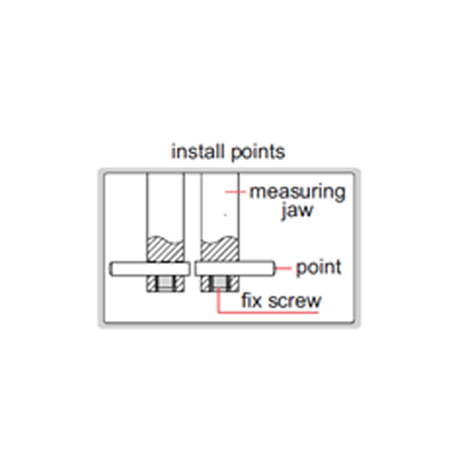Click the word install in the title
(198, 151)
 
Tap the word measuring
(297, 193)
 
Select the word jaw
(297, 211)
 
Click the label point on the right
(318, 268)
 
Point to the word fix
(251, 300)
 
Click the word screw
(295, 301)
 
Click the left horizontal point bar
(150, 268)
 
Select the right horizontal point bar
(235, 268)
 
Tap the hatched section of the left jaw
(165, 250)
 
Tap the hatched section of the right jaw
(220, 250)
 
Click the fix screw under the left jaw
(165, 284)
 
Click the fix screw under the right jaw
(220, 284)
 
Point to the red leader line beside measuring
(236, 192)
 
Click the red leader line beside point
(283, 268)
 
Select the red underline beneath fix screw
(268, 313)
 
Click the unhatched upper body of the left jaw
(165, 205)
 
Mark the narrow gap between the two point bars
(193, 268)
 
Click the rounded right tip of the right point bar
(274, 268)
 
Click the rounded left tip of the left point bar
(110, 268)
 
